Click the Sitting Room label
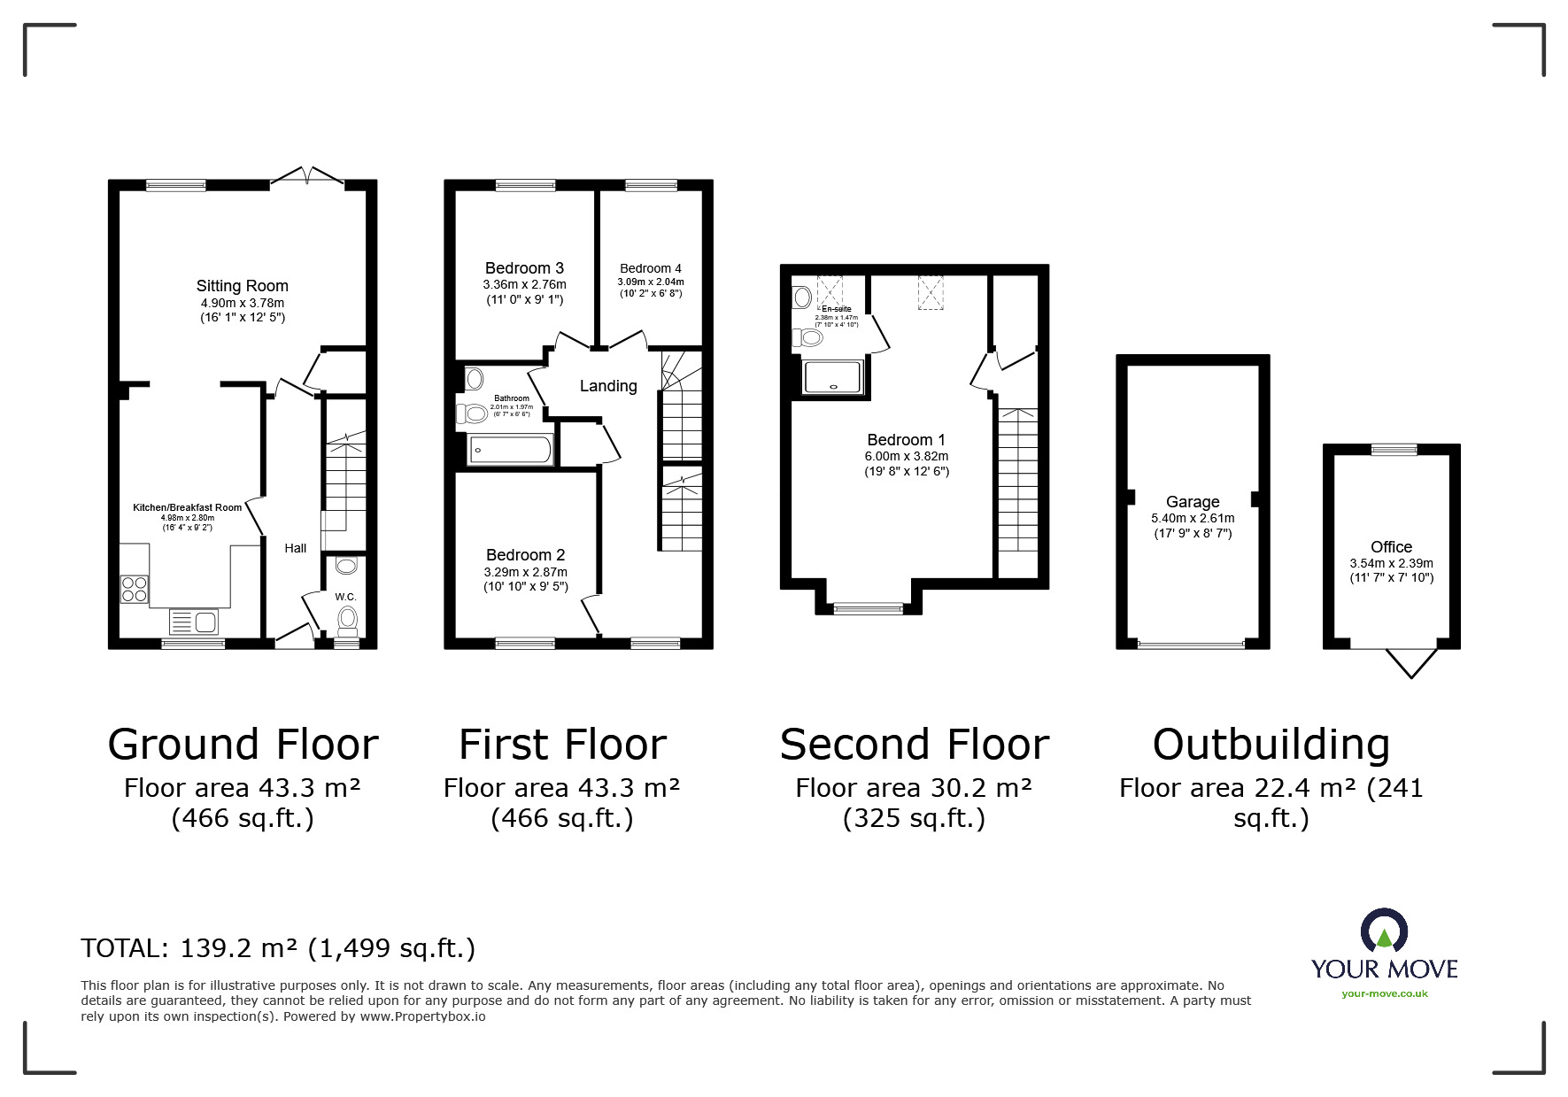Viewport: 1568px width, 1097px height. pyautogui.click(x=242, y=286)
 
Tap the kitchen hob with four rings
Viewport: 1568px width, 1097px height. pyautogui.click(x=135, y=589)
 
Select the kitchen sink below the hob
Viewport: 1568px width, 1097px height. pyautogui.click(x=194, y=622)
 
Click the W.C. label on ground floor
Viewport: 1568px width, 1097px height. pyautogui.click(x=345, y=597)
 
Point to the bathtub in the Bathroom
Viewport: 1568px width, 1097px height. pyautogui.click(x=510, y=451)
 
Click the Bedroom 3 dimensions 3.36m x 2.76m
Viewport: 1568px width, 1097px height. pyautogui.click(x=524, y=284)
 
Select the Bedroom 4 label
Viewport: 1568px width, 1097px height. pyautogui.click(x=651, y=268)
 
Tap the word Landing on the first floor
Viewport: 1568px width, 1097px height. pyautogui.click(x=608, y=386)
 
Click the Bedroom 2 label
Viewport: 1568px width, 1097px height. pyautogui.click(x=525, y=555)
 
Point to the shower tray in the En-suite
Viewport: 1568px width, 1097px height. pyautogui.click(x=832, y=376)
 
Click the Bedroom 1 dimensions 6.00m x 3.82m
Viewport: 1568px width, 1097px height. pyautogui.click(x=907, y=456)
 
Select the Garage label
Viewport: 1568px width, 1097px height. pyautogui.click(x=1193, y=502)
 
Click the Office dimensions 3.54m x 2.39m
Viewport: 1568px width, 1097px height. pyautogui.click(x=1391, y=563)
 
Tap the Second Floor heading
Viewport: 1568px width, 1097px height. pyautogui.click(x=914, y=745)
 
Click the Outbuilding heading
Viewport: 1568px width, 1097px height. pyautogui.click(x=1271, y=745)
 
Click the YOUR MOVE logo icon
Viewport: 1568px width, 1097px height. pyautogui.click(x=1384, y=931)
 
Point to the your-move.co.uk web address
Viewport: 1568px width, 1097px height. pyautogui.click(x=1384, y=993)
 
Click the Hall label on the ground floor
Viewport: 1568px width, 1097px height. pyautogui.click(x=296, y=548)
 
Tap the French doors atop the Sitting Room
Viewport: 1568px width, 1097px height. pyautogui.click(x=306, y=177)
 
